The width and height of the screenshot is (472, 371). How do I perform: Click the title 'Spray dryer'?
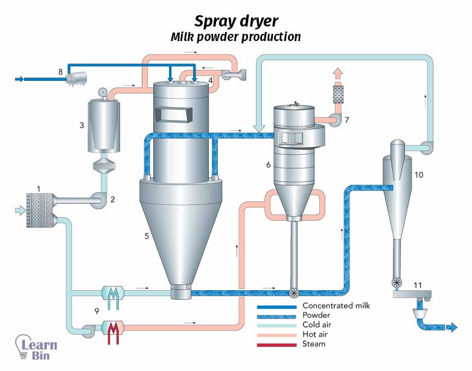[x=236, y=21]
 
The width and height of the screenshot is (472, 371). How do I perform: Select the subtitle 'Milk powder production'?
[x=235, y=37]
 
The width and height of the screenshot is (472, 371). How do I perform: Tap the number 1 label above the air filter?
[x=39, y=189]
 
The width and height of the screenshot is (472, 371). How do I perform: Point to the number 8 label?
[x=60, y=72]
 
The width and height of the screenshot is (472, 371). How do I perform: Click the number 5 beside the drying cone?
[x=146, y=236]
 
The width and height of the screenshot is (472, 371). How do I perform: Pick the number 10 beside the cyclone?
[x=419, y=174]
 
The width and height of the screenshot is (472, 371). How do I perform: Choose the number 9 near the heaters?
[x=97, y=311]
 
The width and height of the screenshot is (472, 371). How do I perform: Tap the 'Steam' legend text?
[x=313, y=344]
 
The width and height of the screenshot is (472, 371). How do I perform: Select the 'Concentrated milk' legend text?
[x=336, y=306]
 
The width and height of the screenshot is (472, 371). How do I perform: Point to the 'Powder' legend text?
[x=316, y=316]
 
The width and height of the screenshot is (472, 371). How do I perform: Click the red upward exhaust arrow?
[x=338, y=74]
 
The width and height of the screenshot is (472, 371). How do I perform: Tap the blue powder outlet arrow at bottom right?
[x=451, y=328]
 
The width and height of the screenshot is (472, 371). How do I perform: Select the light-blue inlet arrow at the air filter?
[x=20, y=210]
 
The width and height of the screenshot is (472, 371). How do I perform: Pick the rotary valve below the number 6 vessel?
[x=294, y=293]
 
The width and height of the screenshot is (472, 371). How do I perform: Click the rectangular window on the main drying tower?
[x=173, y=114]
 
